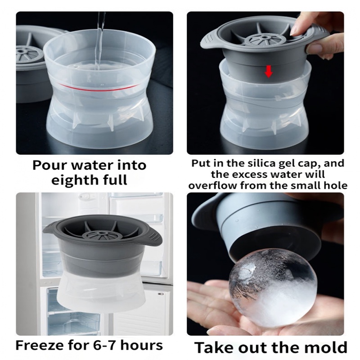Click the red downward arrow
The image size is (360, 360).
click(268, 72)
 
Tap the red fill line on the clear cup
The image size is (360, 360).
click(99, 87)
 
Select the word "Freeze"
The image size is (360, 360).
click(40, 345)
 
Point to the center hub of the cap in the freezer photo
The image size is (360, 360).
click(100, 234)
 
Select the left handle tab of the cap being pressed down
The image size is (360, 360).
click(210, 41)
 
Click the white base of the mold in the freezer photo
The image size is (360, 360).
click(103, 291)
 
